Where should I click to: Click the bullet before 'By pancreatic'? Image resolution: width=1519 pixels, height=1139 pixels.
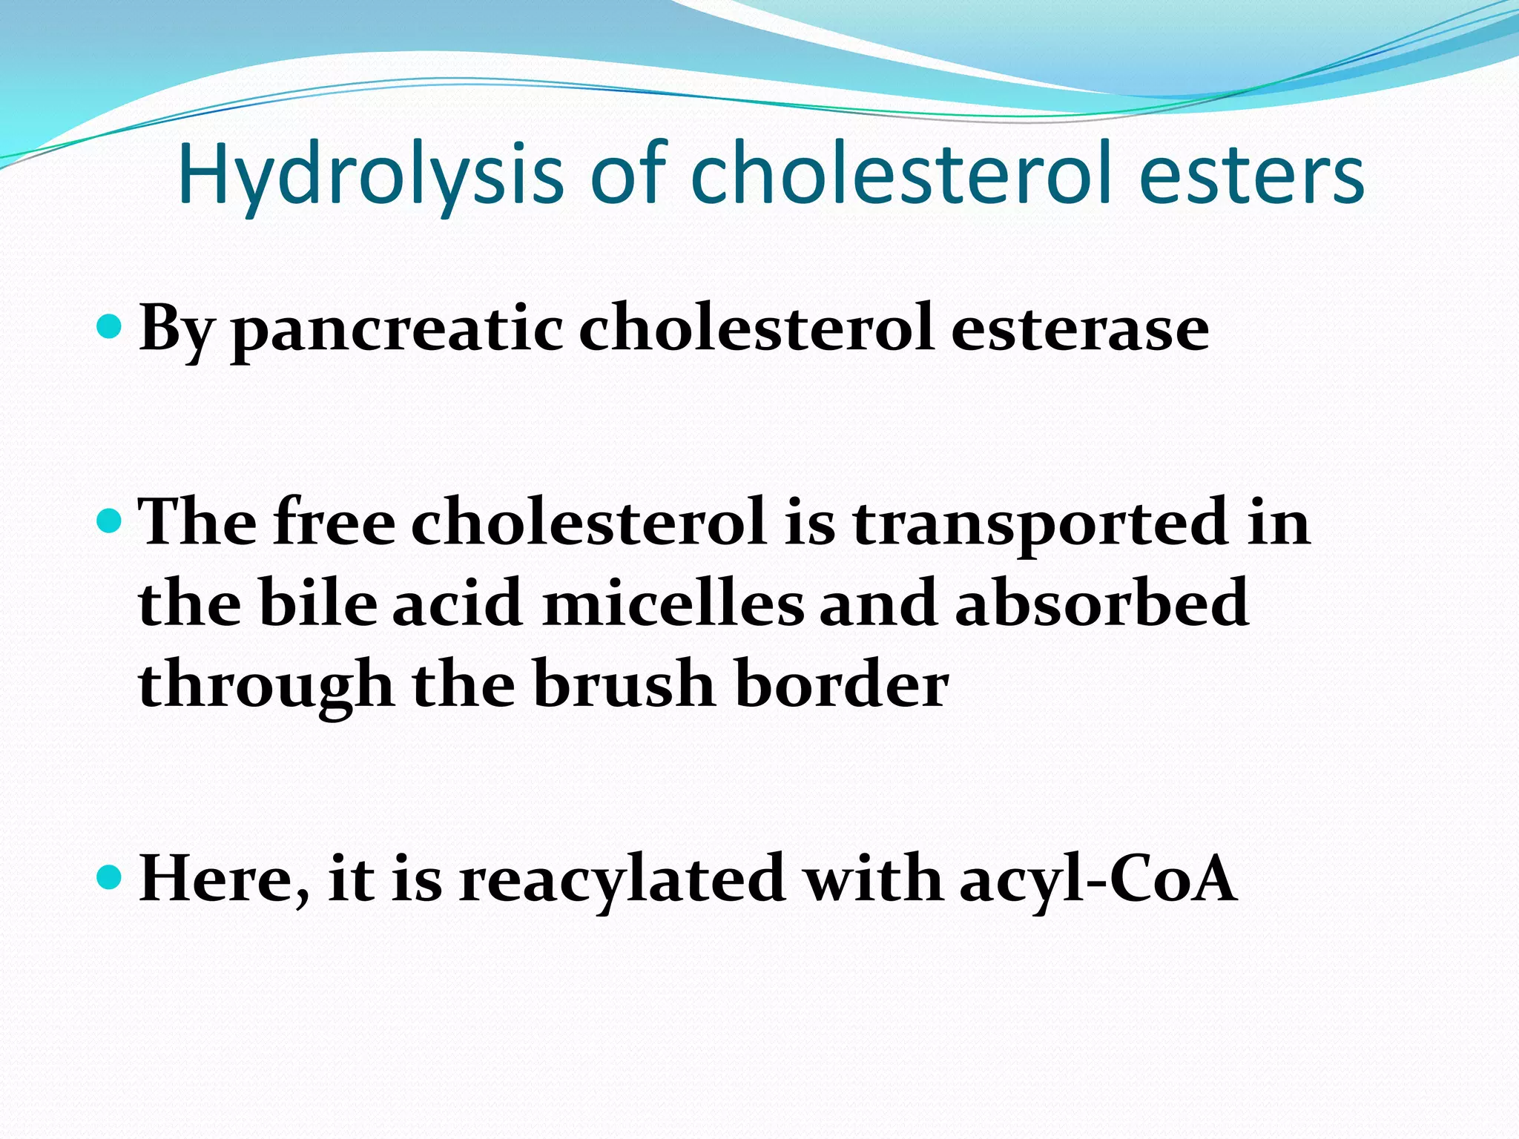pos(109,326)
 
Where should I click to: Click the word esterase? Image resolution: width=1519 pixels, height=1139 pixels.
pos(1079,329)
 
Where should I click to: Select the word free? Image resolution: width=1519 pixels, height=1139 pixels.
pos(334,523)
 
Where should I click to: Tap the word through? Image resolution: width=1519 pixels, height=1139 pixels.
pos(266,686)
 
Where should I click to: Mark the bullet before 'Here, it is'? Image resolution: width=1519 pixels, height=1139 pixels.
pos(109,877)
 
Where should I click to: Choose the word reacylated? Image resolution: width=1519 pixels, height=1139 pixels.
pos(622,881)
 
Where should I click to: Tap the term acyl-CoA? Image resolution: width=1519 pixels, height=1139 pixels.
pos(1098,881)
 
